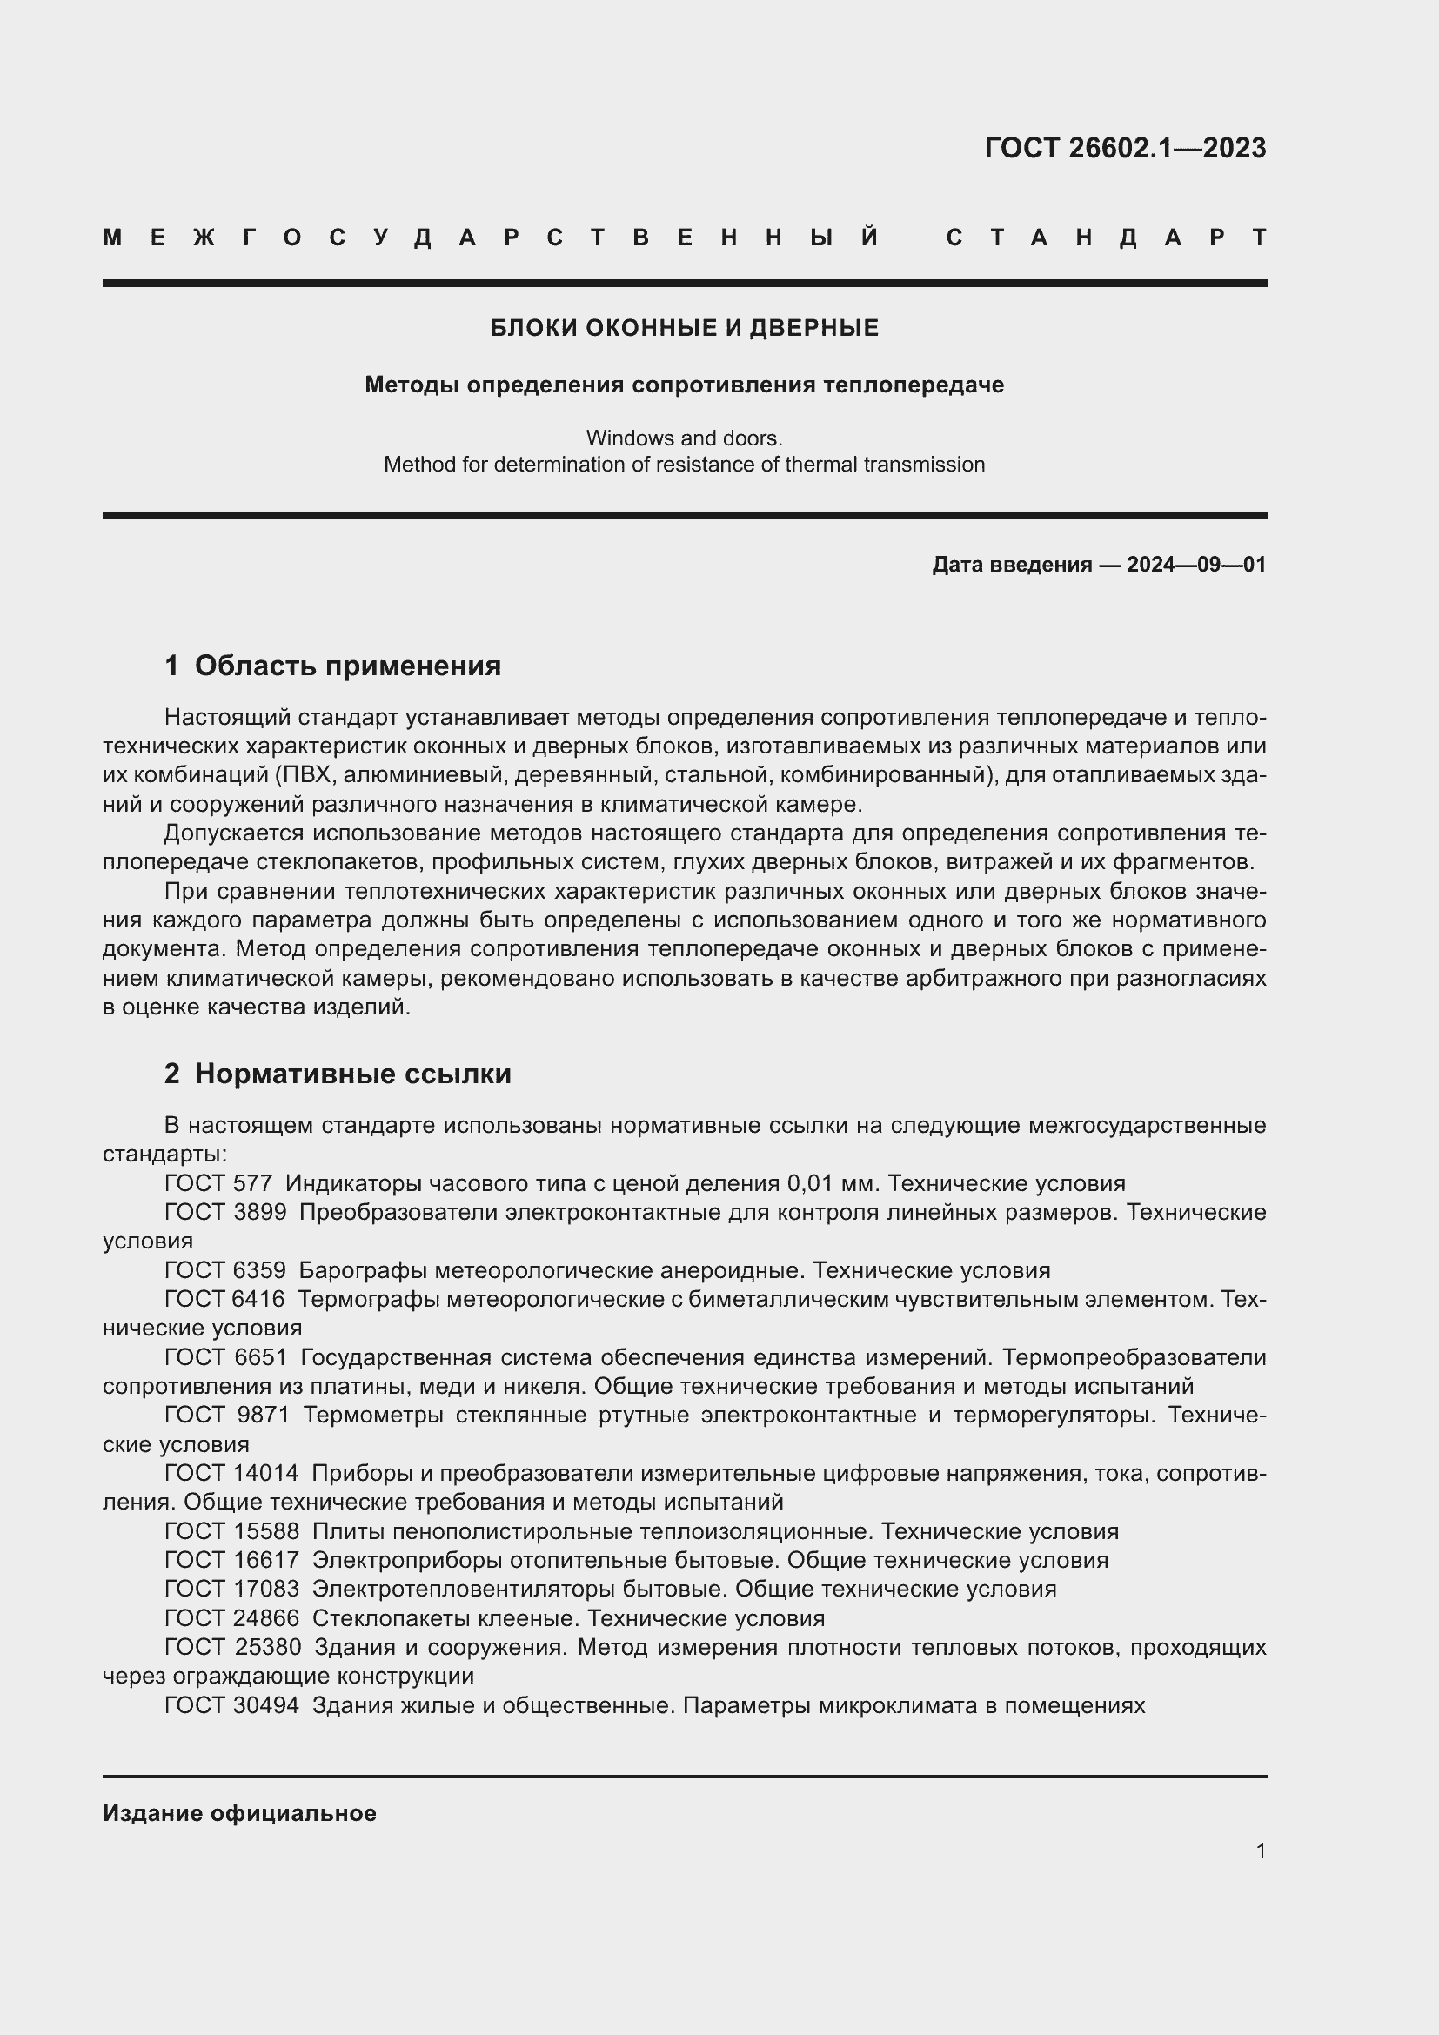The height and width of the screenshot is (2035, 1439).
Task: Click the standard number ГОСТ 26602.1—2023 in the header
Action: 1124,147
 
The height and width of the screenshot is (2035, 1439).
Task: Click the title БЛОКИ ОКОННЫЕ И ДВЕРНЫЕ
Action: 684,328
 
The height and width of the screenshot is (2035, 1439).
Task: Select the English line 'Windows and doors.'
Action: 684,438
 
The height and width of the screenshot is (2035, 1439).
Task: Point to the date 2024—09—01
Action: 1196,565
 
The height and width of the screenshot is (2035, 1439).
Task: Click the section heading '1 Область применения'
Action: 332,666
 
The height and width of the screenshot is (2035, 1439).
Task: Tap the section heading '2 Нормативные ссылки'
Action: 338,1074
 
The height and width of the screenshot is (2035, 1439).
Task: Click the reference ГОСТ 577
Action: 218,1183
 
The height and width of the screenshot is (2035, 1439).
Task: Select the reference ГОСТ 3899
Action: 225,1213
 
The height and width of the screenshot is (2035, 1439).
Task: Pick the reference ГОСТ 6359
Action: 225,1270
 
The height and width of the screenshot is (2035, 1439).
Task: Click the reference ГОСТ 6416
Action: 225,1299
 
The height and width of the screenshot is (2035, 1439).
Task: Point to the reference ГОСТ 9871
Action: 227,1416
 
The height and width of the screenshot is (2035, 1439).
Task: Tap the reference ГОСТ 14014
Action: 231,1473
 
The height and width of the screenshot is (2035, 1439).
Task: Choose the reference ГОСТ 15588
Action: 231,1531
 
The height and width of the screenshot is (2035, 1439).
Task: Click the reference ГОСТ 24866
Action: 231,1618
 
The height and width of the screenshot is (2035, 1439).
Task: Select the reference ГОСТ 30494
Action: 231,1705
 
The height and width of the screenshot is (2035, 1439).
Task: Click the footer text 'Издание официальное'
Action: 239,1813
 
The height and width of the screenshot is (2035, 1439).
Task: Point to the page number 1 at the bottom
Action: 1260,1851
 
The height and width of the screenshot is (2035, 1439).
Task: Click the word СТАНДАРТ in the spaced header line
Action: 1106,238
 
